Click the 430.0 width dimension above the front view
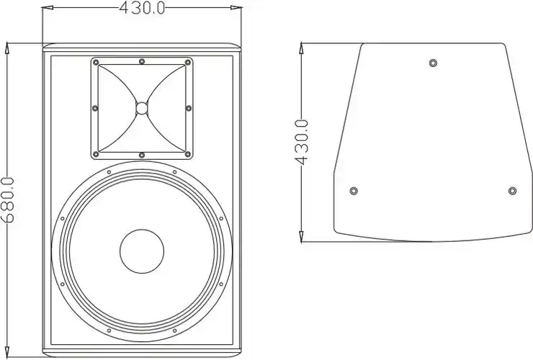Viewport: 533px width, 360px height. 141,8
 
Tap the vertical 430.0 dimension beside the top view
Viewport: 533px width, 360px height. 303,143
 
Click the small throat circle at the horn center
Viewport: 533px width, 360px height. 142,109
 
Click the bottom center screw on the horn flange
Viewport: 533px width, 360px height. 142,155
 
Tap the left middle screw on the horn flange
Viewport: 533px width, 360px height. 95,108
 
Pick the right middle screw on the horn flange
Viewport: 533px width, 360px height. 189,108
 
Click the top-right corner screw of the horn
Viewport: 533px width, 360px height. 188,63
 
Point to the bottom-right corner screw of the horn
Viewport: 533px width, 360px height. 188,153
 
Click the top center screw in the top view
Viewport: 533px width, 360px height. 432,63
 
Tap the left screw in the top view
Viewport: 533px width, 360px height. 353,191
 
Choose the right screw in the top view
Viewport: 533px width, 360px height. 512,191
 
